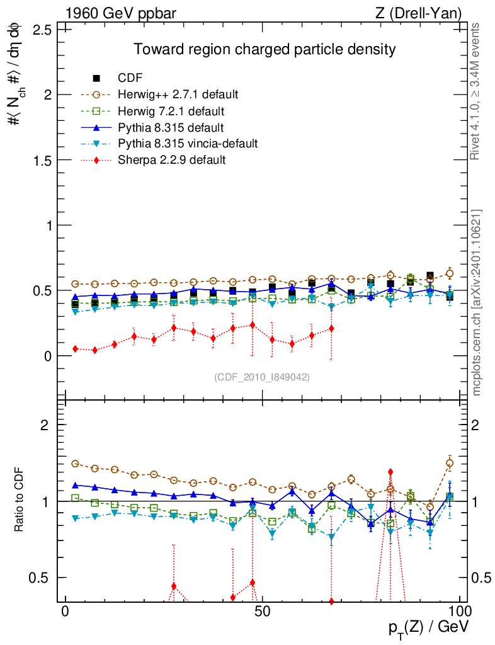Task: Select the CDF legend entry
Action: pos(130,78)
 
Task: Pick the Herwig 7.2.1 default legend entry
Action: pos(171,111)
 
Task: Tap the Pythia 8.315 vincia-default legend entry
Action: pos(188,144)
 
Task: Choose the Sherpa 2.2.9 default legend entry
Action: pos(171,160)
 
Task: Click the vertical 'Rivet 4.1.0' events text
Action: pos(477,91)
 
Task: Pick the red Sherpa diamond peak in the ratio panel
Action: pos(390,471)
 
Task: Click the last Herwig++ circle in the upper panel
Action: pos(450,273)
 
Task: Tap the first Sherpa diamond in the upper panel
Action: pos(76,348)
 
